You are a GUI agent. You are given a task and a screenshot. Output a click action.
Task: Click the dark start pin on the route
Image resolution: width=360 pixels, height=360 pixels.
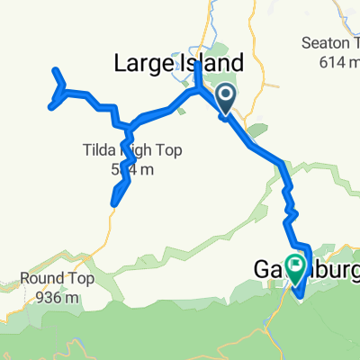click(225, 96)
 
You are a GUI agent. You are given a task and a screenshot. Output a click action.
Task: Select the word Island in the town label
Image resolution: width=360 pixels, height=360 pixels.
click(212, 64)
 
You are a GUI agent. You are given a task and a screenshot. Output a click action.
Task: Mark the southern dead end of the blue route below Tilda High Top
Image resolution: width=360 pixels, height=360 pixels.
click(112, 204)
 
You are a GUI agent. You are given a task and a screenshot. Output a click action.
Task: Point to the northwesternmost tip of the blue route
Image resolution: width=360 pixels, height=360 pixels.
click(56, 70)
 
